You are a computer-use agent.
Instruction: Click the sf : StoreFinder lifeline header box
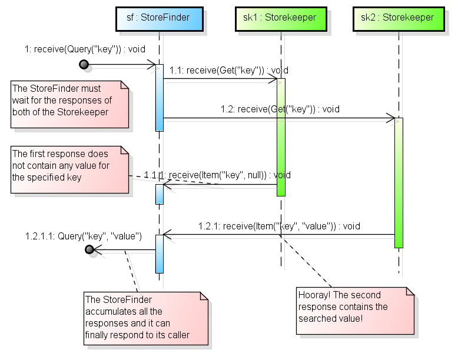tap(159, 18)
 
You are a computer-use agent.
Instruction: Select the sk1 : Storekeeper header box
tap(280, 18)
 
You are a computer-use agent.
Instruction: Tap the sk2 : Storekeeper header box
tap(398, 18)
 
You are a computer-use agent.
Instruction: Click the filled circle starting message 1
tap(84, 64)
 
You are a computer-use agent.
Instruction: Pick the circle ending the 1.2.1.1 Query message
tap(90, 250)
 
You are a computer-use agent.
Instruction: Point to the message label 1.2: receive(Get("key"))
tap(280, 109)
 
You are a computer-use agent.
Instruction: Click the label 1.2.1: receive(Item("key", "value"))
tap(279, 226)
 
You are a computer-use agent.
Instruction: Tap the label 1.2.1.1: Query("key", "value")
tap(83, 236)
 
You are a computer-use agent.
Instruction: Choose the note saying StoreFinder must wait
tap(69, 104)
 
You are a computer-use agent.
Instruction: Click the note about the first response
tap(69, 169)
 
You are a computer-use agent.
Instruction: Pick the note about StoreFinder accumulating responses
tap(146, 317)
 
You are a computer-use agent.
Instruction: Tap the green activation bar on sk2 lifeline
tap(399, 182)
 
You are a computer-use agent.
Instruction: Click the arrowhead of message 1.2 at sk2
tap(391, 119)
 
